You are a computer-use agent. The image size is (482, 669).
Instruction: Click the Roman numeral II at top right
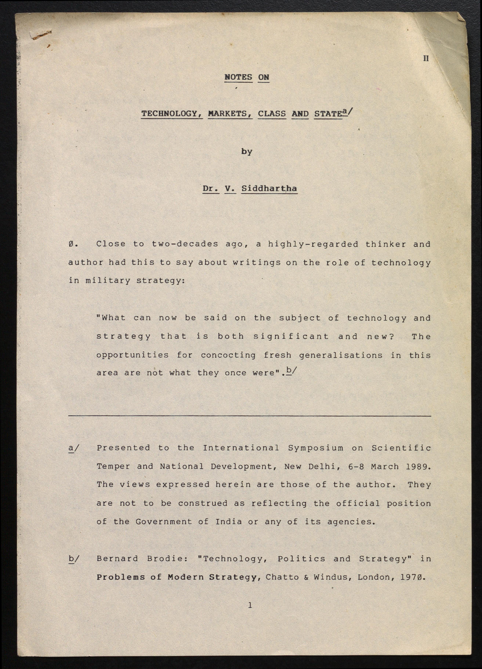426,58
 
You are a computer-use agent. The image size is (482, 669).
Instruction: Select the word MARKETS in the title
230,114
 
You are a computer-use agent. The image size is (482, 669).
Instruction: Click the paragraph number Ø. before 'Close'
73,244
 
